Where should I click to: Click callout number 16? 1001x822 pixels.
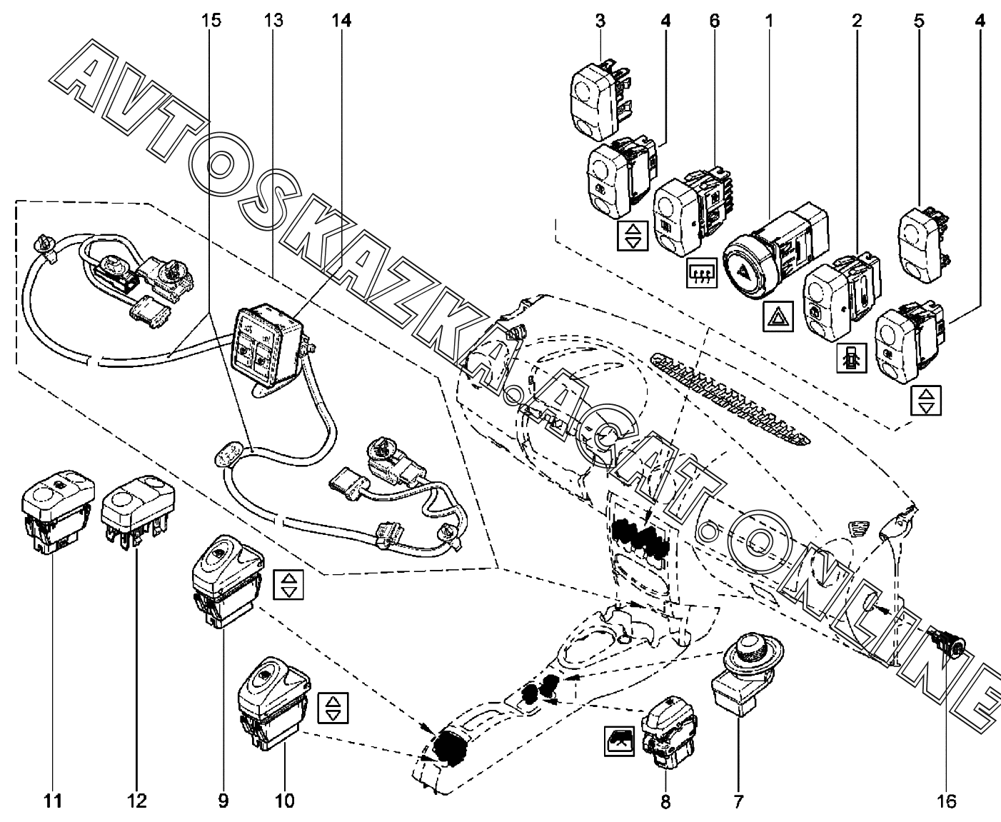[947, 801]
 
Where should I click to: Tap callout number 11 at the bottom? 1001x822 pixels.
[54, 801]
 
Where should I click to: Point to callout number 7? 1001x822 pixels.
[738, 801]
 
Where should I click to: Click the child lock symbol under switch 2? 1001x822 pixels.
[851, 356]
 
